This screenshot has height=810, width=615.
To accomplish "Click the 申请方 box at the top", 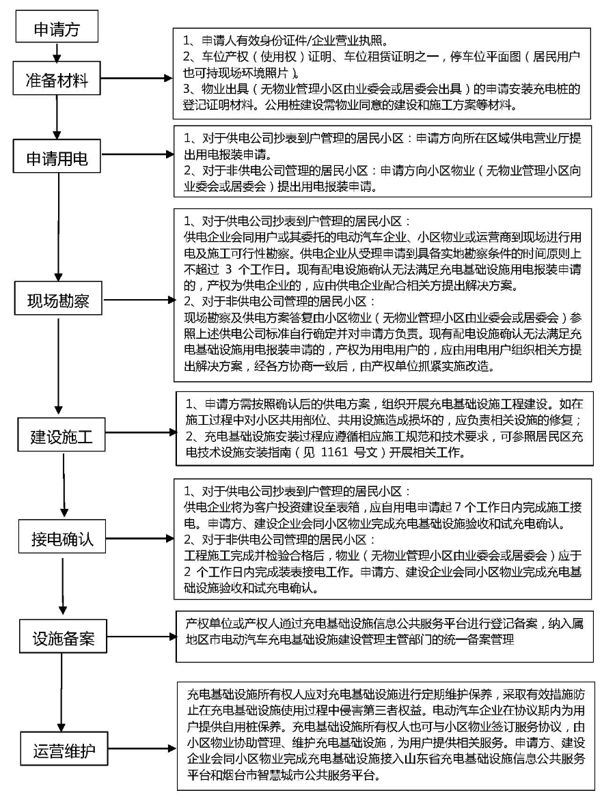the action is click(57, 29).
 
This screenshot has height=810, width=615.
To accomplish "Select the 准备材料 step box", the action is click(57, 79).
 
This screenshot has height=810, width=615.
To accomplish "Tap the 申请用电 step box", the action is click(57, 156).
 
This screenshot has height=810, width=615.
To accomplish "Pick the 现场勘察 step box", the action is click(58, 298).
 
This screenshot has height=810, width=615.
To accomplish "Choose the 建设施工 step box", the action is click(61, 435).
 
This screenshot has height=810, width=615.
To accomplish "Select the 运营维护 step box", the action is click(64, 749).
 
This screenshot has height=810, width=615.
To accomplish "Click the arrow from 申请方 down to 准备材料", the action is click(57, 53).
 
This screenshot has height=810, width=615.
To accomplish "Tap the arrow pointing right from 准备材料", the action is click(137, 79).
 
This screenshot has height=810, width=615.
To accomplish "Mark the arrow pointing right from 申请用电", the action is click(137, 154).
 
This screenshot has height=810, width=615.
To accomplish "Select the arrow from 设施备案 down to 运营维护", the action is click(63, 693).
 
